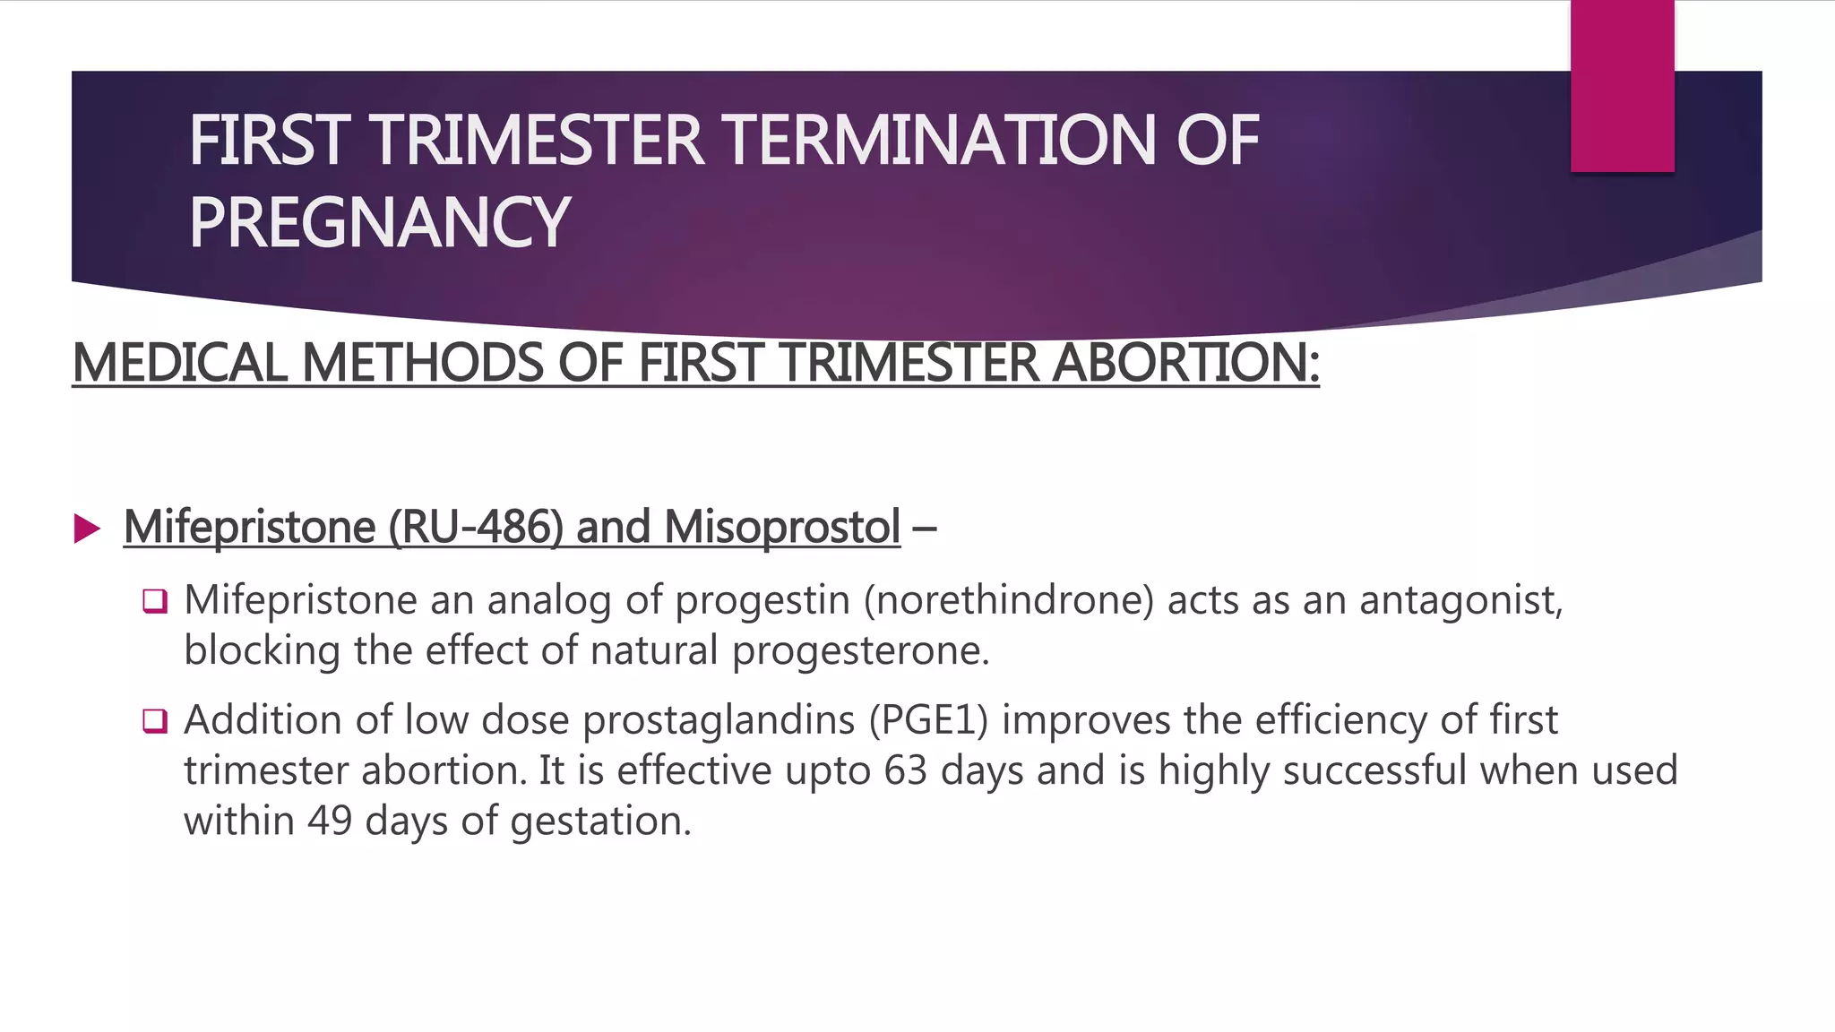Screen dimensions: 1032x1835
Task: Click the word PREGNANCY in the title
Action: click(x=379, y=223)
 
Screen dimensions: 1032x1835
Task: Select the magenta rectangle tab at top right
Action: click(x=1622, y=87)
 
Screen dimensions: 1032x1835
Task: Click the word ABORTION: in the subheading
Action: click(x=1185, y=364)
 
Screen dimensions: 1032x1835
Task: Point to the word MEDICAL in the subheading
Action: click(x=180, y=364)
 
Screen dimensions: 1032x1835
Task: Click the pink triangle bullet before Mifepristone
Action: click(x=87, y=529)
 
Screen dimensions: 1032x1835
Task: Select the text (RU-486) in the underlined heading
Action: click(x=476, y=527)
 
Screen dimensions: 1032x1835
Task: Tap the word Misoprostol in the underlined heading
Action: click(x=782, y=527)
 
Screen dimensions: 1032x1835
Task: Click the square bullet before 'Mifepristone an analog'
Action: click(x=155, y=601)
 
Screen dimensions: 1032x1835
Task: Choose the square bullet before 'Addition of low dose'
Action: click(x=155, y=720)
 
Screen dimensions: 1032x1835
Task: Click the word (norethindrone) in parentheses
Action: click(x=1009, y=600)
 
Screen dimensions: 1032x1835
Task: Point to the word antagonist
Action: click(x=1460, y=600)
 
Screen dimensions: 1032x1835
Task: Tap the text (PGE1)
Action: click(x=928, y=720)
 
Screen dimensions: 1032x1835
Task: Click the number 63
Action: click(x=905, y=770)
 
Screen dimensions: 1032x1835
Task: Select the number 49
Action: click(x=330, y=821)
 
